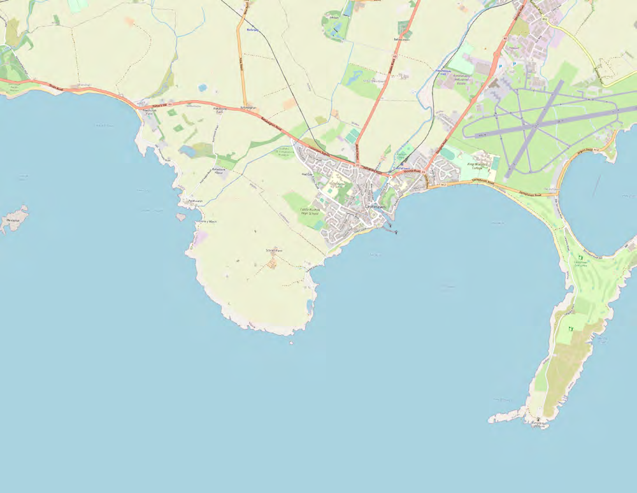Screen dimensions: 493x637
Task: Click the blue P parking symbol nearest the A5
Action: tap(500, 66)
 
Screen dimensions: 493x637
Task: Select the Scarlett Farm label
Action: tap(274, 250)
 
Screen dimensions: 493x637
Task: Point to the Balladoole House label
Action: tap(220, 171)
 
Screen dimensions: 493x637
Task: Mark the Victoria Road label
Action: tap(415, 171)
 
